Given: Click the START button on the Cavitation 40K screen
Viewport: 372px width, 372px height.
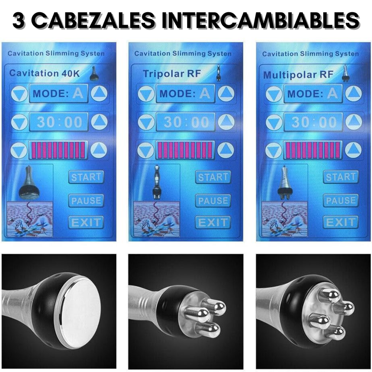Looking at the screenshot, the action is click(86, 177).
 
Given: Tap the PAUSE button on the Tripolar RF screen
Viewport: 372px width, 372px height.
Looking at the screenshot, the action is click(213, 200).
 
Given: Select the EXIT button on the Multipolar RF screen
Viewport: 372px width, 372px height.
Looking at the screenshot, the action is click(341, 222).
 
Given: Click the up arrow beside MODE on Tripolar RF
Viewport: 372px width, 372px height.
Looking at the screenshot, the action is click(226, 94).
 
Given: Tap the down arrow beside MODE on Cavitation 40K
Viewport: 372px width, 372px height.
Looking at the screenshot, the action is click(19, 94).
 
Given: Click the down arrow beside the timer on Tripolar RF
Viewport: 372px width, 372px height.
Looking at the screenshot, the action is click(146, 122).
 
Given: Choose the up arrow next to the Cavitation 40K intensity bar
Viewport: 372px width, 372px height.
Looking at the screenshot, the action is click(99, 150).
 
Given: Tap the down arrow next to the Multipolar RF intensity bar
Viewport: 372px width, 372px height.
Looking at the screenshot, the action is click(273, 151).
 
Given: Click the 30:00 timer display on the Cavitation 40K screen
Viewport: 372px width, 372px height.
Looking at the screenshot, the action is click(58, 122).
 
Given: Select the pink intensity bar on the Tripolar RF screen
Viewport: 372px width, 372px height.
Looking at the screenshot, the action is click(185, 150).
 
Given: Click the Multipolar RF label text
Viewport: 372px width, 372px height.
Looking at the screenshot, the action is click(298, 75).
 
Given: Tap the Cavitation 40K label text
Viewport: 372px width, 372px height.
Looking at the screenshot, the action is click(44, 73).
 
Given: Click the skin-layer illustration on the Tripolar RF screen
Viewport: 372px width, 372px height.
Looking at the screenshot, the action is click(157, 219).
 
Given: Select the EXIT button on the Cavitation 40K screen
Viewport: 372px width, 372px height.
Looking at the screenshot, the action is click(86, 222).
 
